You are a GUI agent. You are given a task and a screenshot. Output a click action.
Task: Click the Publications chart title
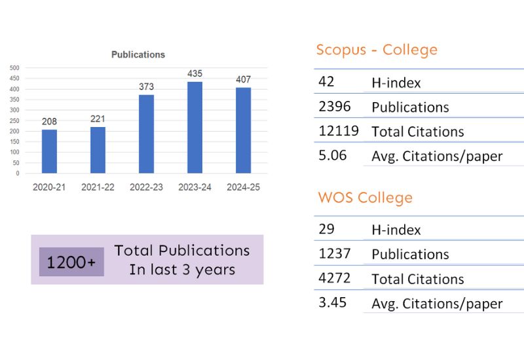[138, 55]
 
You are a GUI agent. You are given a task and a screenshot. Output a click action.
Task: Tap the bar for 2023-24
[195, 128]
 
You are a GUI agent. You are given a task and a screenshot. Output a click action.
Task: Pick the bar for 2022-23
[146, 134]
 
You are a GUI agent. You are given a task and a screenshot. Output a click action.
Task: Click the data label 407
[243, 80]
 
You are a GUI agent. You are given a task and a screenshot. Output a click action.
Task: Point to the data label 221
[98, 119]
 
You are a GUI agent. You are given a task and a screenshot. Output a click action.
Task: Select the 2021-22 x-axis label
[98, 187]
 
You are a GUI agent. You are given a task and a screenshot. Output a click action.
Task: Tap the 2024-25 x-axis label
[243, 187]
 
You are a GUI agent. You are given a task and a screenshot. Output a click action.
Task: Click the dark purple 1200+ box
[71, 262]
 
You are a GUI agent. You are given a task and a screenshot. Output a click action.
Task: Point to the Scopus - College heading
[377, 50]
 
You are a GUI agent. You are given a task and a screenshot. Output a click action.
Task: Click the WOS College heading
[365, 198]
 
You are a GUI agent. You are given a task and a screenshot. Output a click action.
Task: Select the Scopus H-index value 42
[326, 82]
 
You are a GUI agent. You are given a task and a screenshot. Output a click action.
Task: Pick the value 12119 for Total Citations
[338, 131]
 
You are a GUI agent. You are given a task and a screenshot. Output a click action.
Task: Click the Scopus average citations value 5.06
[332, 156]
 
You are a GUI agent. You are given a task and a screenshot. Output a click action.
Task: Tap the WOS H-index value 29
[326, 229]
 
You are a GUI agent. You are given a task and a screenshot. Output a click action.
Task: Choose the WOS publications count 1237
[335, 253]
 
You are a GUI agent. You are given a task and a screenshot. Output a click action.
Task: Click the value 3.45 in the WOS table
[332, 303]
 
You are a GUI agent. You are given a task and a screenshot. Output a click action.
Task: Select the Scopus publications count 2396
[335, 106]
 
